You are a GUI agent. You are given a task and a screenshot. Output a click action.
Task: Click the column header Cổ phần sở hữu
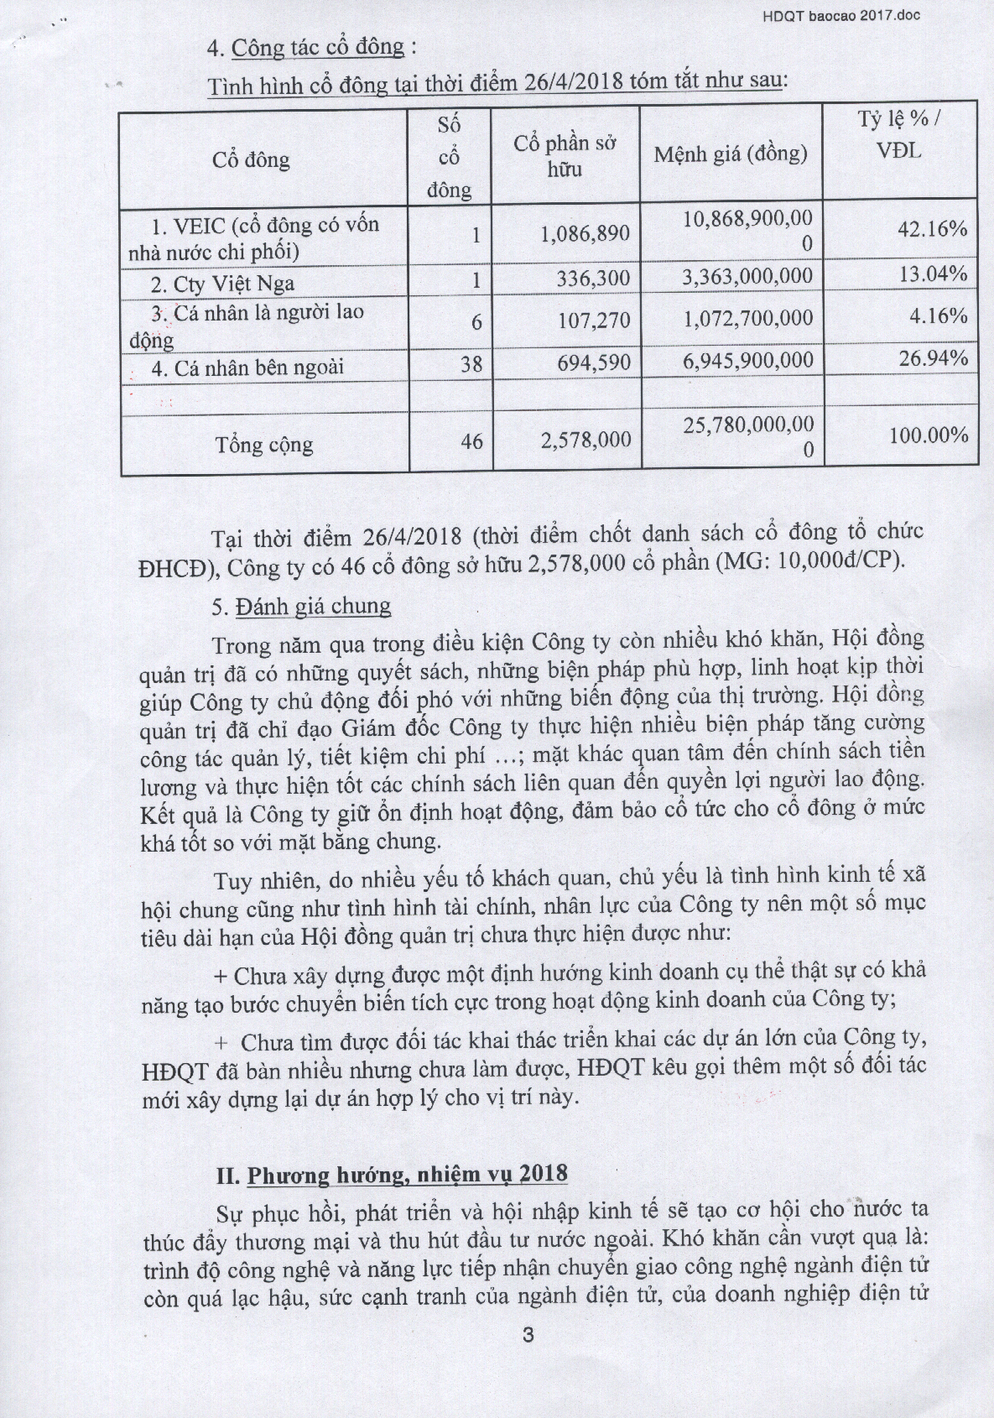pyautogui.click(x=565, y=155)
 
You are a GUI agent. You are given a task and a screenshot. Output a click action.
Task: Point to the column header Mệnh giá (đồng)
pyautogui.click(x=731, y=154)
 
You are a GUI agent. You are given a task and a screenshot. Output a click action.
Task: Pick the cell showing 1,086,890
pyautogui.click(x=585, y=233)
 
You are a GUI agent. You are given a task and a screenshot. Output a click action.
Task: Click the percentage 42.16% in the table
pyautogui.click(x=933, y=228)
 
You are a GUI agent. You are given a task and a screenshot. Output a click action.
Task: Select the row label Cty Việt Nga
pyautogui.click(x=234, y=283)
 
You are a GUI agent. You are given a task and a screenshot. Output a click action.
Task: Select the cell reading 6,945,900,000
pyautogui.click(x=747, y=361)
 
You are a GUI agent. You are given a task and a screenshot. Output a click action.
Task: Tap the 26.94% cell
pyautogui.click(x=933, y=359)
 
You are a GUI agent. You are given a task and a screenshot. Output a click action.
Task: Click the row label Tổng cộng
pyautogui.click(x=263, y=444)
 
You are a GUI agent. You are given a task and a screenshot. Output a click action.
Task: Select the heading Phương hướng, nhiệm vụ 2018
pyautogui.click(x=406, y=1175)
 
